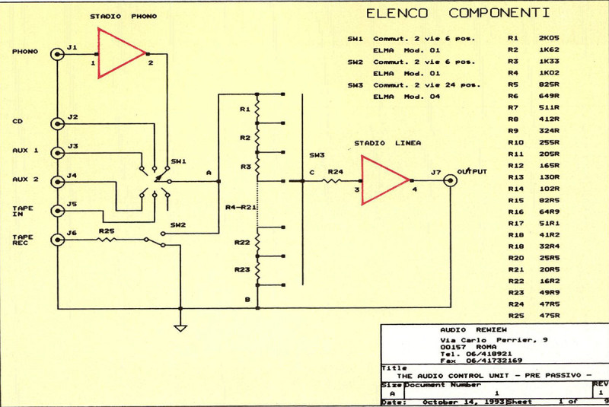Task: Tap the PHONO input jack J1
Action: coord(57,54)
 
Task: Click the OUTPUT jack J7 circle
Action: coord(450,181)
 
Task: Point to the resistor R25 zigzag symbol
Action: coord(107,239)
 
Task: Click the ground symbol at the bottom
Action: coord(180,328)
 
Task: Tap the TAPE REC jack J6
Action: coord(57,239)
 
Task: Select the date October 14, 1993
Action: coord(451,401)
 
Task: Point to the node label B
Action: coord(247,299)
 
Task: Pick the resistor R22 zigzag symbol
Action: coord(257,243)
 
